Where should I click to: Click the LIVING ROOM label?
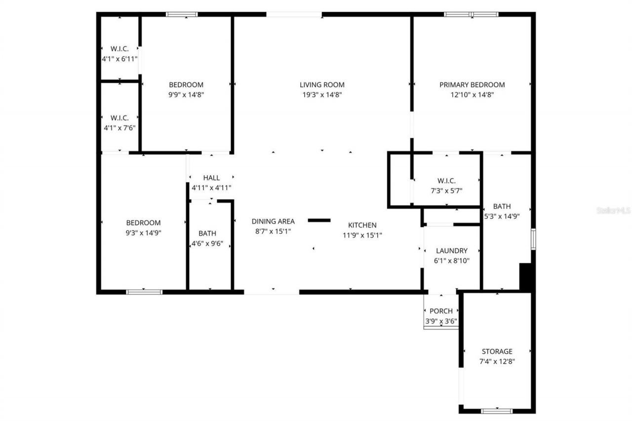322,84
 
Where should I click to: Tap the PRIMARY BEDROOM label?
472,84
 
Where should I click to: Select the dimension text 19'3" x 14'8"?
322,95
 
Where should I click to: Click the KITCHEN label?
362,225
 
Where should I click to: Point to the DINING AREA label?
273,221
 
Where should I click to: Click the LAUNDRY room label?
451,251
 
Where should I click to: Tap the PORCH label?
441,311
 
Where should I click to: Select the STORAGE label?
497,351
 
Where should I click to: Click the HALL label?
211,178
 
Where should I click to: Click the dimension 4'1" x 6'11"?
119,58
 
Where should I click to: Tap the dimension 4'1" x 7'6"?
119,127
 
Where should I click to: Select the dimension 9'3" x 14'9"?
143,232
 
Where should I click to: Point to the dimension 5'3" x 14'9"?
501,216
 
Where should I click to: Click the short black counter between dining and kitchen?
319,220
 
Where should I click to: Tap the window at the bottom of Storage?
497,410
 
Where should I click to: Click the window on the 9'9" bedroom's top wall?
182,14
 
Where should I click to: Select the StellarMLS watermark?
613,210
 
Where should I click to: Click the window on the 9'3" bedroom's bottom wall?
144,292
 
